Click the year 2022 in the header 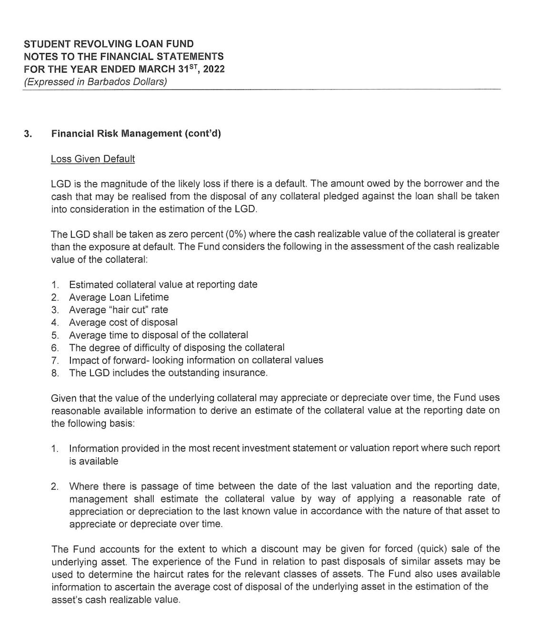click(x=214, y=69)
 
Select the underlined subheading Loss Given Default click(x=93, y=159)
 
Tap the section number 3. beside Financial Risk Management click(x=28, y=134)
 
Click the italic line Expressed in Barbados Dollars click(x=95, y=81)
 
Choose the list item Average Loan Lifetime click(x=119, y=297)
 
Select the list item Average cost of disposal click(x=123, y=322)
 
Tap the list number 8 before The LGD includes click(x=55, y=373)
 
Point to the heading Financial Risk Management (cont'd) click(x=136, y=134)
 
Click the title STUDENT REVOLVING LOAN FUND click(x=109, y=44)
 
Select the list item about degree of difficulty click(x=177, y=348)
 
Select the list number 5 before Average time click(x=55, y=335)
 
